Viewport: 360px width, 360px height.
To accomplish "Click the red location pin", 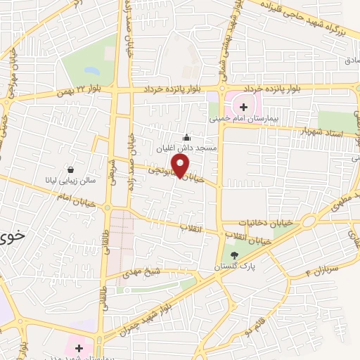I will pyautogui.click(x=181, y=167).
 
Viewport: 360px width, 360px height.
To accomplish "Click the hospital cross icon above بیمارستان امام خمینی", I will pyautogui.click(x=244, y=107).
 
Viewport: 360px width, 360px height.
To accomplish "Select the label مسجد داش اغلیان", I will pyautogui.click(x=188, y=149).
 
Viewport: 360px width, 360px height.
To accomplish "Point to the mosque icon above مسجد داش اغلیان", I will pyautogui.click(x=186, y=137).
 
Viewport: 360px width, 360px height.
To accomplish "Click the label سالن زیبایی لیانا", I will pyautogui.click(x=70, y=180).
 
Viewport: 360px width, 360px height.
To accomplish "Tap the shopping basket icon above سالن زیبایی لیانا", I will pyautogui.click(x=70, y=169).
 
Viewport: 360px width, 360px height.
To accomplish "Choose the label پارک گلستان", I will pyautogui.click(x=235, y=267).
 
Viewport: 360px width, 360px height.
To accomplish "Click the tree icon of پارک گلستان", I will pyautogui.click(x=234, y=255).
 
